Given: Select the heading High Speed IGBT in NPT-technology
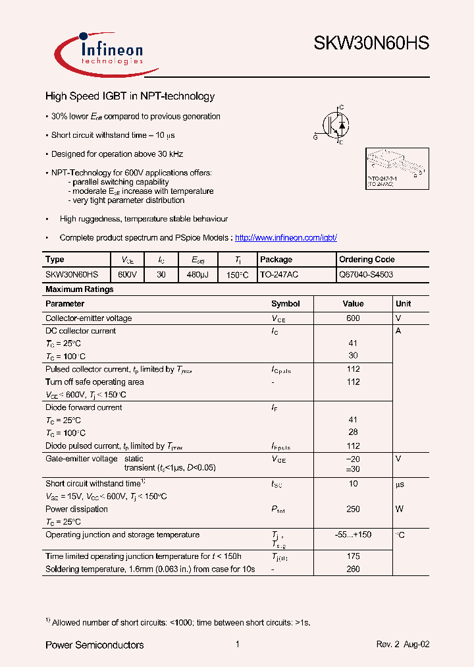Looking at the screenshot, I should (x=130, y=96).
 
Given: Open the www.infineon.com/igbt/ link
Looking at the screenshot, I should (x=286, y=237).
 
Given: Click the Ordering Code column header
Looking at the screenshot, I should (x=367, y=260).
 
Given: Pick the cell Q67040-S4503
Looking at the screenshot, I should (x=366, y=274).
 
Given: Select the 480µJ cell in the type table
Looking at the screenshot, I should (x=197, y=274).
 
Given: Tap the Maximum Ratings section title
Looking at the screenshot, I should (x=79, y=289).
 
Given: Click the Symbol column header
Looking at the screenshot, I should (x=285, y=304).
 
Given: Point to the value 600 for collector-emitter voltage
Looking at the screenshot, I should (x=353, y=318).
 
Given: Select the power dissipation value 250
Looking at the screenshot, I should (x=353, y=509).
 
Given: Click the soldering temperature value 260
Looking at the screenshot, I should (x=353, y=569).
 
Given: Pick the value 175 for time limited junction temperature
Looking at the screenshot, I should (x=353, y=556).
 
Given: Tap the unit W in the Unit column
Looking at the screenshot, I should (x=399, y=509).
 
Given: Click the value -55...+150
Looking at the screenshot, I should (x=353, y=535).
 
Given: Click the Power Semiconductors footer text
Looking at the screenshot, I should (x=94, y=645).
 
